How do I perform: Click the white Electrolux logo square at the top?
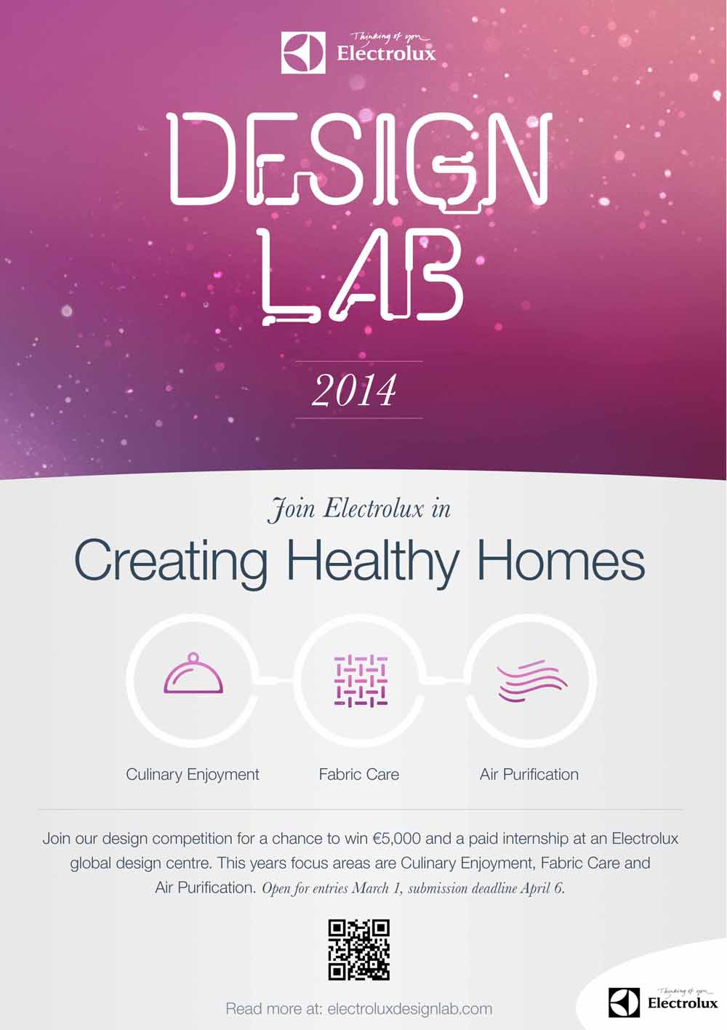(x=303, y=52)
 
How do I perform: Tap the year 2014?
(x=354, y=391)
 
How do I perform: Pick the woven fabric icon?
(x=361, y=680)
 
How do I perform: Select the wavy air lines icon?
(x=532, y=681)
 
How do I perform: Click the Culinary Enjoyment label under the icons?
(x=193, y=775)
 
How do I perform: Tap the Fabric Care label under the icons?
(x=359, y=775)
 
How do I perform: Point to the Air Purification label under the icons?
(x=529, y=775)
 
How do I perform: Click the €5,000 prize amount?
(x=397, y=838)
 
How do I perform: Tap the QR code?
(x=359, y=949)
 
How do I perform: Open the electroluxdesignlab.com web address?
(x=409, y=1009)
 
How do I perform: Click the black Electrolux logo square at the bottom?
(x=624, y=1002)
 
